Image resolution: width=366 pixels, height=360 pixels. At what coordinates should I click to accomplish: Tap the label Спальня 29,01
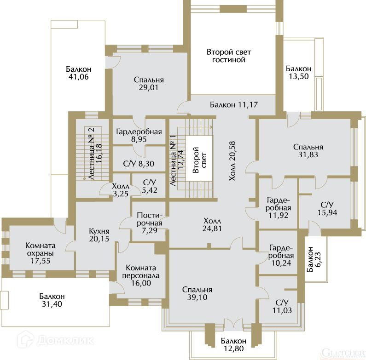[149, 84]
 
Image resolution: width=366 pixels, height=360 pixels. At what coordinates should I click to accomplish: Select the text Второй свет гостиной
[229, 56]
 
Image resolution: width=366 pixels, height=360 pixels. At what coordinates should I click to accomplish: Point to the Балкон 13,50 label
[298, 73]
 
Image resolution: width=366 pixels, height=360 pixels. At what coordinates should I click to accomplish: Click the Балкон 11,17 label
[233, 104]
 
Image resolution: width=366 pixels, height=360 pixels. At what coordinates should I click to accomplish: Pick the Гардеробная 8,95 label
[139, 136]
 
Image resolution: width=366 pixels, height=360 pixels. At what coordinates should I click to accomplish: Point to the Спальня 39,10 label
[197, 293]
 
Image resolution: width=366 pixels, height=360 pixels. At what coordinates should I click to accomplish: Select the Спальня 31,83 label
[308, 151]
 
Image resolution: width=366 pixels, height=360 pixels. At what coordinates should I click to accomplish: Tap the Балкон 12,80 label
[233, 344]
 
